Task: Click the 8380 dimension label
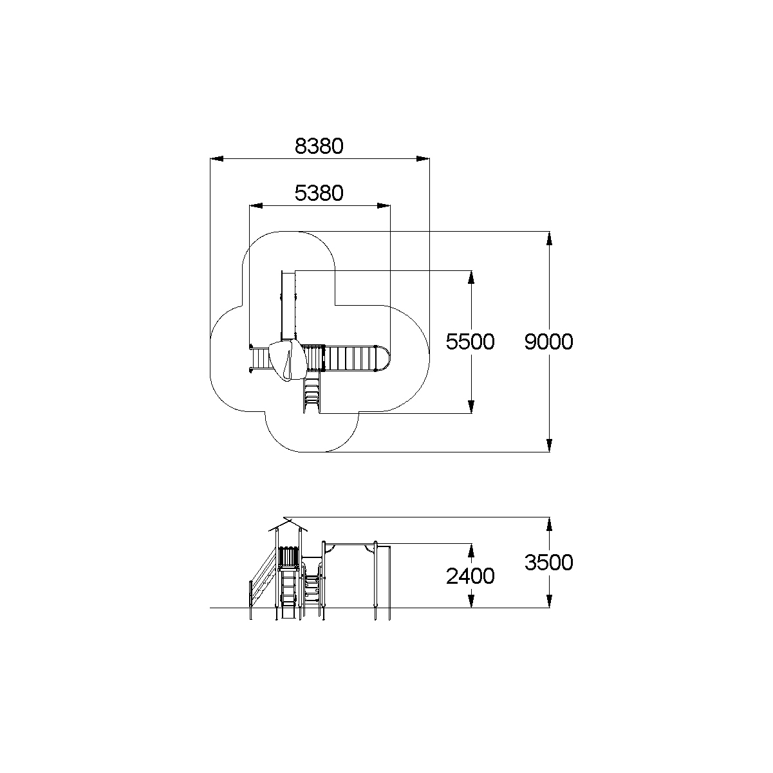pyautogui.click(x=319, y=146)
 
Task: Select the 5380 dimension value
pyautogui.click(x=319, y=193)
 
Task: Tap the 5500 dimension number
pyautogui.click(x=470, y=342)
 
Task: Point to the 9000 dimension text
pyautogui.click(x=549, y=342)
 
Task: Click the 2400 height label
pyautogui.click(x=470, y=577)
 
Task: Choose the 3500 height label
pyautogui.click(x=549, y=563)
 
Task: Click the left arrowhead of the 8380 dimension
pyautogui.click(x=217, y=159)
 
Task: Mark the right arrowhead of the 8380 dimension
pyautogui.click(x=423, y=159)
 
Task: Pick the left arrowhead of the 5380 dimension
pyautogui.click(x=256, y=206)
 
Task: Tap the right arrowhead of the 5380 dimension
pyautogui.click(x=384, y=206)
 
